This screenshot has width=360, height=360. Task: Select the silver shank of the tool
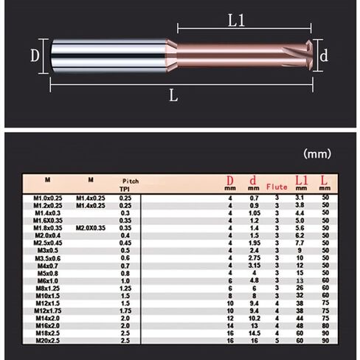(x=111, y=56)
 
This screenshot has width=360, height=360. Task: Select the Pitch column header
(x=130, y=181)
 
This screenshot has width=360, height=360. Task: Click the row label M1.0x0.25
(x=49, y=198)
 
